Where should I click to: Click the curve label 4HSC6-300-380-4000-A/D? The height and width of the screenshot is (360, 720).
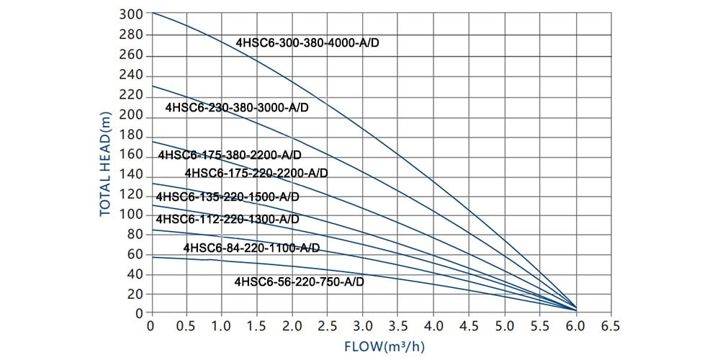point(307,42)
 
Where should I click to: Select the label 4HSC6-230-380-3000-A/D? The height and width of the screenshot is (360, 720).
point(237,107)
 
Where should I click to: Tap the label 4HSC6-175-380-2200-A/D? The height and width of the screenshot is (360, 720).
point(230,155)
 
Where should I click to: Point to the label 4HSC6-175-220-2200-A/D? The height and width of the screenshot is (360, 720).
point(256,173)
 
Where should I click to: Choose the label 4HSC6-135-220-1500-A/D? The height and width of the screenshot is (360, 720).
point(228,197)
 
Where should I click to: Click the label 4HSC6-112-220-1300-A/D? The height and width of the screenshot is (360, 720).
point(228,219)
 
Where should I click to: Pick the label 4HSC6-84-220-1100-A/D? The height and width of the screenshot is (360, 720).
point(251,248)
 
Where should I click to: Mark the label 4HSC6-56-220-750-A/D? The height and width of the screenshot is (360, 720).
point(300,282)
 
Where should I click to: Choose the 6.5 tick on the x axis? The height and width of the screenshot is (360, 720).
point(611,325)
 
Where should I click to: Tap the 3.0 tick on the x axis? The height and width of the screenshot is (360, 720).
point(363,325)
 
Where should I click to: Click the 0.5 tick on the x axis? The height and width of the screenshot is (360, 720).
point(186,325)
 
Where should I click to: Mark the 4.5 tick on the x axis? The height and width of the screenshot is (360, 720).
point(469,325)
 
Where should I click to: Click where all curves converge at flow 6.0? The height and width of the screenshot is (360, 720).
point(574,308)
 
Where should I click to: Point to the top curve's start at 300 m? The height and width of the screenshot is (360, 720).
point(152,13)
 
